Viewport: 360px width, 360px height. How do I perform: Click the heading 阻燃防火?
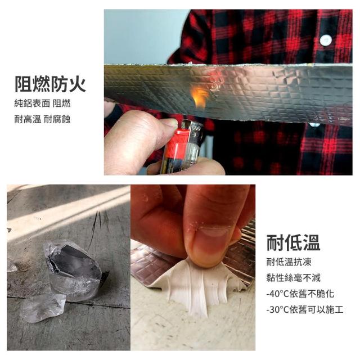[50, 84]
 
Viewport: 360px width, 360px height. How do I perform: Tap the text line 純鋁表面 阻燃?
[43, 103]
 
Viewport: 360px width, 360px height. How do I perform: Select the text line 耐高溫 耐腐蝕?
[43, 119]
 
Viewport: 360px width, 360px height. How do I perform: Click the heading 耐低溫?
[293, 242]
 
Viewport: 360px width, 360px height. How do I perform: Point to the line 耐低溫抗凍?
[289, 262]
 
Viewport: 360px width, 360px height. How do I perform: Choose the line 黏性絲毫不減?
[293, 278]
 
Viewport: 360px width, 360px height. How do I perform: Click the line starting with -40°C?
[300, 294]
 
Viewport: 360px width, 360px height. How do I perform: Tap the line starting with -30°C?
[305, 310]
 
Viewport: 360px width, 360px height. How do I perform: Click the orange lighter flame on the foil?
[199, 96]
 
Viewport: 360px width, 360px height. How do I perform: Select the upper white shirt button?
[326, 40]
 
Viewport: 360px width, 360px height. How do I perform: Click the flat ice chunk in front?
[43, 308]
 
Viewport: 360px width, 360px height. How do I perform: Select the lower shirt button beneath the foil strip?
[314, 125]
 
